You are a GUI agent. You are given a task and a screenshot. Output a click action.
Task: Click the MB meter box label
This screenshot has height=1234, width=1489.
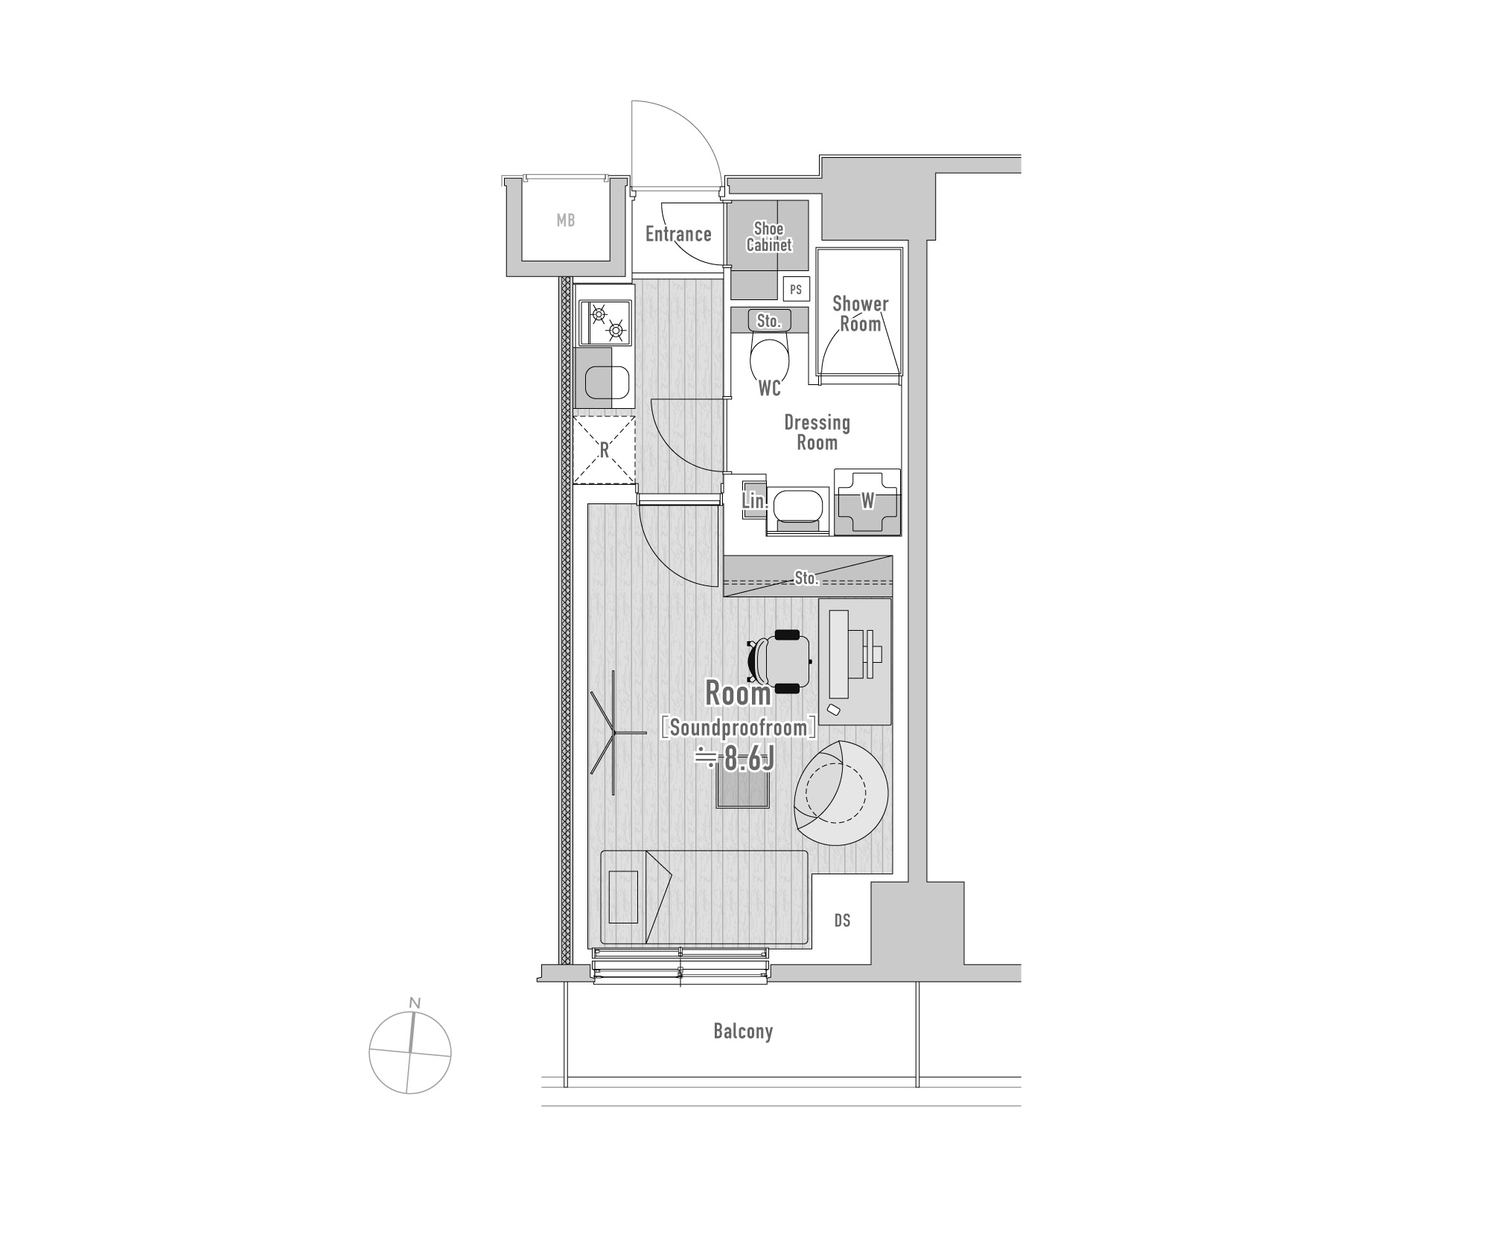point(566,220)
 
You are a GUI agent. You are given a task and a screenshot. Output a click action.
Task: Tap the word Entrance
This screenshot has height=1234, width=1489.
point(678,234)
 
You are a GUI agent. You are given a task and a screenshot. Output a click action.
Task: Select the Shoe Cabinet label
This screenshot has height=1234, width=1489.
point(769,236)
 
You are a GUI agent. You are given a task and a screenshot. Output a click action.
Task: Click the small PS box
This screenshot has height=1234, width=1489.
point(796,290)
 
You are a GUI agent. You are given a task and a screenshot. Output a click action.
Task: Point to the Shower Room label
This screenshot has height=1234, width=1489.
point(861,314)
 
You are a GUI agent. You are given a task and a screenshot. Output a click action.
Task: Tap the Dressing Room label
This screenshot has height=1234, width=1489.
point(817,433)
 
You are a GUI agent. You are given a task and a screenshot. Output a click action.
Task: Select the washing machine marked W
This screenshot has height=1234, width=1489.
point(867,502)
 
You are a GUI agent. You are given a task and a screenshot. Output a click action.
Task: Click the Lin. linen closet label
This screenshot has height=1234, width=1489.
point(755,500)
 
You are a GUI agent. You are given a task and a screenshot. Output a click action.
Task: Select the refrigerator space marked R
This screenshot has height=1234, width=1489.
point(605,450)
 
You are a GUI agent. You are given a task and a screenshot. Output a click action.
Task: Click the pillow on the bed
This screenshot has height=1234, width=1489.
point(624,897)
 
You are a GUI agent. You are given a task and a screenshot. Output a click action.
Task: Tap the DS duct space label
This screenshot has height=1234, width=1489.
point(842,921)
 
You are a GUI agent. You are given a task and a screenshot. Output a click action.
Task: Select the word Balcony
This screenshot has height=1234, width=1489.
point(743,1031)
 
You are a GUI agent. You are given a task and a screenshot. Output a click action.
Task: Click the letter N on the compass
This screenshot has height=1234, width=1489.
point(415,1003)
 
